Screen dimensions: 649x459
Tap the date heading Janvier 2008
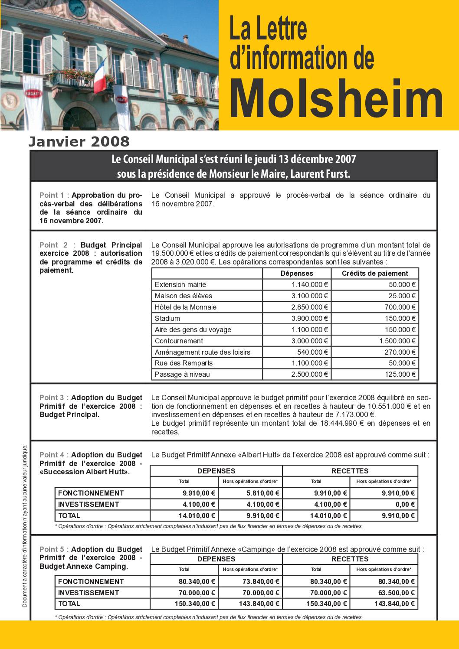(x=79, y=141)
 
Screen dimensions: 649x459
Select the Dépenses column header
(x=297, y=274)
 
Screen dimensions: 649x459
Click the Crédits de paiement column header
(x=375, y=274)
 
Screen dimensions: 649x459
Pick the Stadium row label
(x=167, y=318)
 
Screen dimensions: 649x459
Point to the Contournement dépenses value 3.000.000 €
(x=310, y=341)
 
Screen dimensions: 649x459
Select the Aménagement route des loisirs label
(x=202, y=352)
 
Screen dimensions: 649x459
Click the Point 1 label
(x=52, y=195)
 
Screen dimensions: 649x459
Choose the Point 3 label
(x=52, y=398)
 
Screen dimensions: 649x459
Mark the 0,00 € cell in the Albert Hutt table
(x=405, y=504)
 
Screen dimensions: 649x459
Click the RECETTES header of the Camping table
(x=350, y=559)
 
